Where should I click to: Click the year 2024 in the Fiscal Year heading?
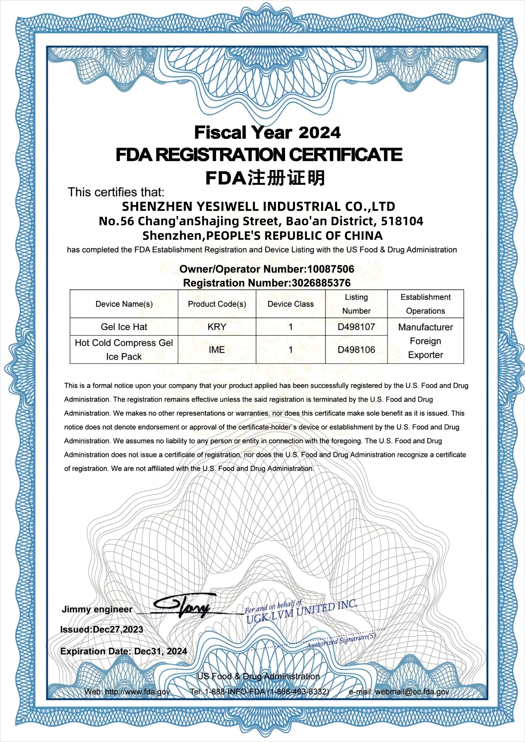(x=319, y=133)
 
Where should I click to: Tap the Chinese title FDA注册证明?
(x=265, y=178)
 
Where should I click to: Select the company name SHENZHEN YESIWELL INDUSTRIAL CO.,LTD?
(x=258, y=206)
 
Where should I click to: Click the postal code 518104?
(x=402, y=221)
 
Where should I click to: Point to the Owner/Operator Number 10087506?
(x=331, y=269)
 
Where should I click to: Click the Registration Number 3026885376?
(x=321, y=283)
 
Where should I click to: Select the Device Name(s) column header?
(x=124, y=304)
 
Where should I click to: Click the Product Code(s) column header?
(x=217, y=304)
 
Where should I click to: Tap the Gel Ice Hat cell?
(x=124, y=327)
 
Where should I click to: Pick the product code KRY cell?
(x=217, y=327)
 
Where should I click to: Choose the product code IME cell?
(x=217, y=350)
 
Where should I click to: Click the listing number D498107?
(x=356, y=327)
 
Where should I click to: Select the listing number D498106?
(x=356, y=350)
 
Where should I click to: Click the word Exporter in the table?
(x=425, y=355)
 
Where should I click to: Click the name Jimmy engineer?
(x=97, y=610)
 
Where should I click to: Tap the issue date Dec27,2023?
(x=118, y=630)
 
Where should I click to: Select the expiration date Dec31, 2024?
(x=160, y=651)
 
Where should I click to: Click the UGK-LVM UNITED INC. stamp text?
(x=302, y=612)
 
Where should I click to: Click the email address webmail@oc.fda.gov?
(x=412, y=692)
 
